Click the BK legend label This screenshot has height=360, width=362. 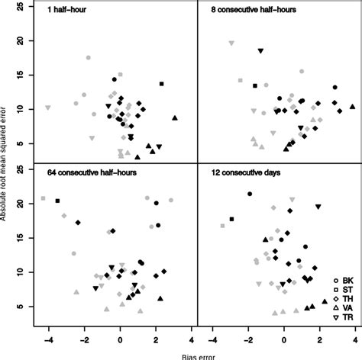click(347, 280)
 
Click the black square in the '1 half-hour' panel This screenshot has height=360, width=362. click(161, 84)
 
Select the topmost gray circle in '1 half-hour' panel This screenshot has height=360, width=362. click(89, 58)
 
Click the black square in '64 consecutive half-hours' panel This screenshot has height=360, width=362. click(58, 201)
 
